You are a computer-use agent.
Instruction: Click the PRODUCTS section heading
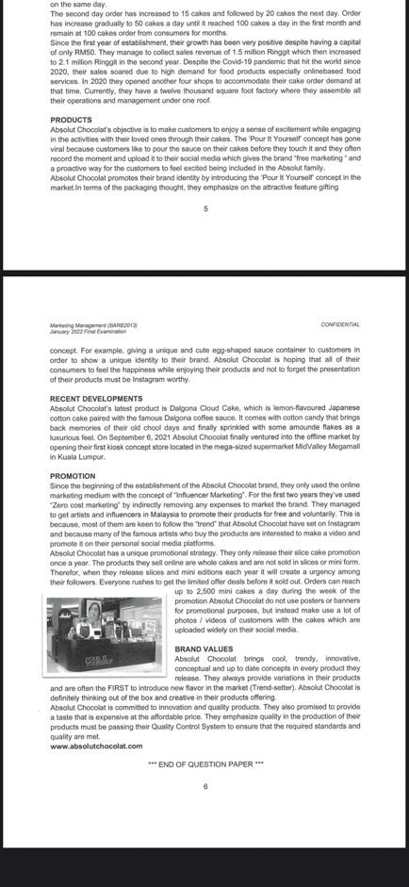click(x=71, y=120)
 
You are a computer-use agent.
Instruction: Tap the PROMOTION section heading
click(x=73, y=476)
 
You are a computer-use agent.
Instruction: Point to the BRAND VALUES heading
click(x=204, y=649)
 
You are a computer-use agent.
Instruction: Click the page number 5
click(x=204, y=208)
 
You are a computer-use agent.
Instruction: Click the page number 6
click(x=204, y=785)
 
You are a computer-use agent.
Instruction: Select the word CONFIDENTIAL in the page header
click(x=339, y=324)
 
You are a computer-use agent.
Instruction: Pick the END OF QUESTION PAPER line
click(x=205, y=764)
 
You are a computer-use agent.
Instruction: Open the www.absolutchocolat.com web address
click(x=96, y=746)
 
